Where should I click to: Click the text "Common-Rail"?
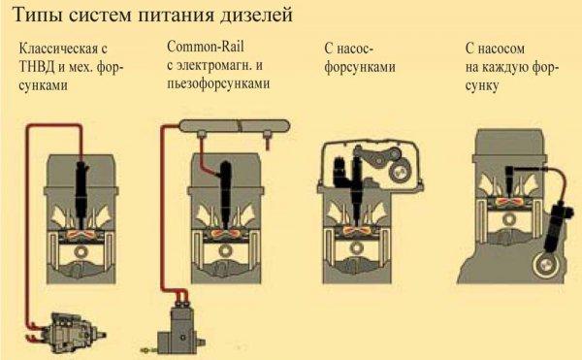coord(206,47)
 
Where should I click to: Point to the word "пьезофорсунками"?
coord(218,83)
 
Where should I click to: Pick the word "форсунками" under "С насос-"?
coord(360,67)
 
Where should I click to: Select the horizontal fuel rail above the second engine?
coord(235,126)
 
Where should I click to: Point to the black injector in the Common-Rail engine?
coord(225,193)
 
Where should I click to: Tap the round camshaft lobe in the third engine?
coord(400,172)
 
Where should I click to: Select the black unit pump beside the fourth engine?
coord(556,226)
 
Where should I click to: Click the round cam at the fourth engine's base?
coord(545,266)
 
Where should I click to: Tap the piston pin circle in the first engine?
coord(81,251)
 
